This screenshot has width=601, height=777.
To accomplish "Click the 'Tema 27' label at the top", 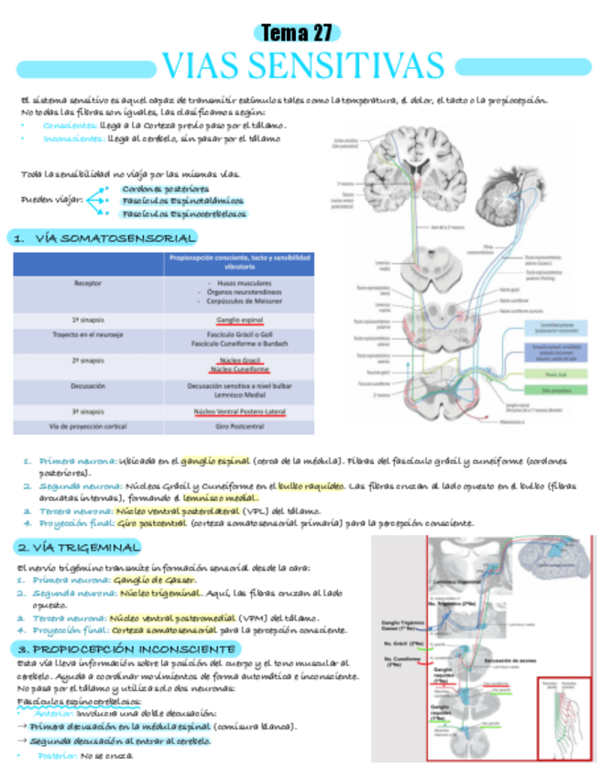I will click(x=297, y=34).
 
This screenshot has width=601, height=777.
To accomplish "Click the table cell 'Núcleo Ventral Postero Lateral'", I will click(x=239, y=412).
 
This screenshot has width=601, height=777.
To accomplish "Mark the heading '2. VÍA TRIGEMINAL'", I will click(x=78, y=547).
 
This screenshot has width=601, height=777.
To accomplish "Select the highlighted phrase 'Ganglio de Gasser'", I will click(x=157, y=580).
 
